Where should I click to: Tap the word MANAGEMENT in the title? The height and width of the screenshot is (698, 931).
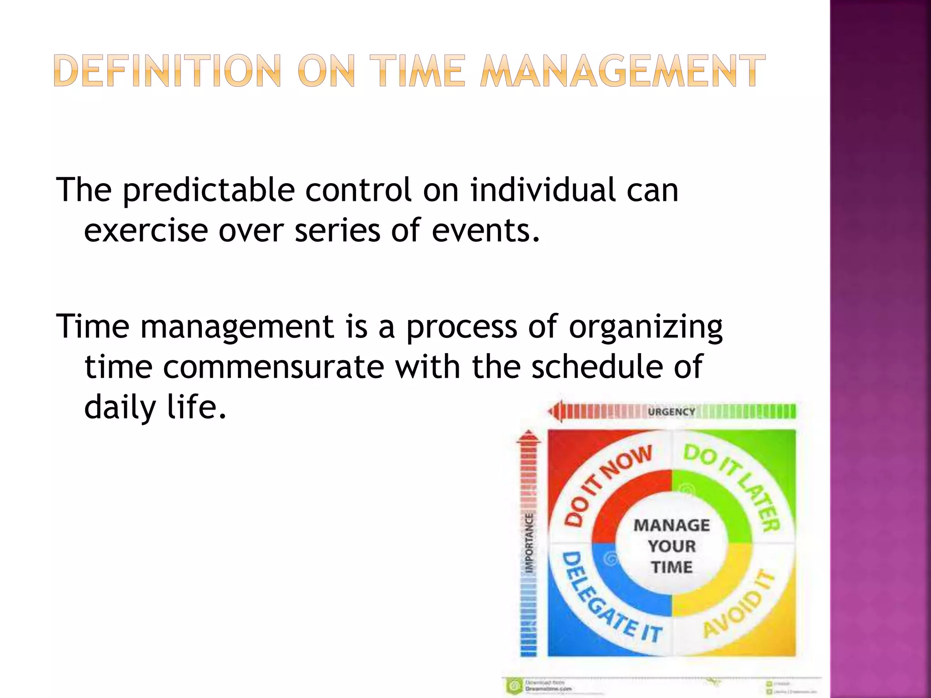point(623,71)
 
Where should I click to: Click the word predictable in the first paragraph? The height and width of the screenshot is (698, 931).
point(209,190)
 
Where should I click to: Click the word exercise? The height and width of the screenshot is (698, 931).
point(145,230)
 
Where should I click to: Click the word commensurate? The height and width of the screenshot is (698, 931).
point(273,367)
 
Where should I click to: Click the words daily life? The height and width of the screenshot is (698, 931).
point(155,407)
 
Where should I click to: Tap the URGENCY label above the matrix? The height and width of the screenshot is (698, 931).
point(671,412)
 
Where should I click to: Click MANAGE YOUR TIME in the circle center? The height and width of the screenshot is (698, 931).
point(671,546)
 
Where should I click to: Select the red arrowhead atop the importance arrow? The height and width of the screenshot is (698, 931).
point(528,437)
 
